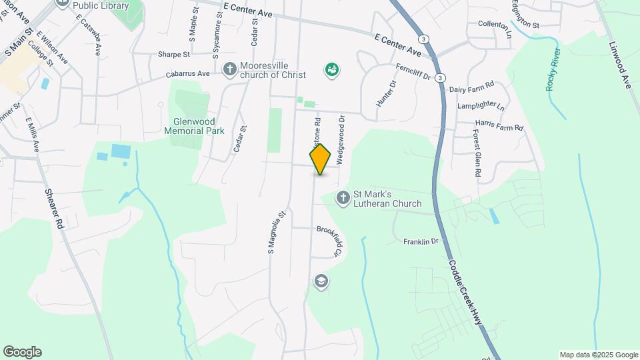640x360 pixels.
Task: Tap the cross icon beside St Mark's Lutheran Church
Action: [x=343, y=197]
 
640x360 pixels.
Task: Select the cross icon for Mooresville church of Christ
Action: [x=229, y=69]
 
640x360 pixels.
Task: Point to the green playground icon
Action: [x=331, y=69]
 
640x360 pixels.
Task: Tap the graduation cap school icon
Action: [x=321, y=281]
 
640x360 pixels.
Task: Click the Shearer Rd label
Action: [x=54, y=208]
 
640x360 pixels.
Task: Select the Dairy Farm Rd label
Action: [x=471, y=85]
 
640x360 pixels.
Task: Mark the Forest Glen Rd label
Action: [x=477, y=153]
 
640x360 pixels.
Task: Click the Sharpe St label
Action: [x=174, y=54]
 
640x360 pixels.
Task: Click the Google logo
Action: [x=22, y=352]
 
